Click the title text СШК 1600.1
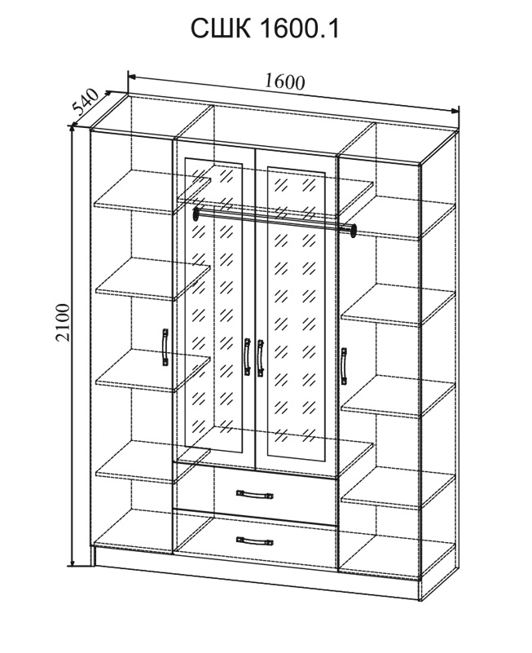265,29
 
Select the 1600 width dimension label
284,82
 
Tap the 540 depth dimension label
86,102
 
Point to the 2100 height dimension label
63,323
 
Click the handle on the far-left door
165,347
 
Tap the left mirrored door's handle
247,356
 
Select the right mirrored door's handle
261,359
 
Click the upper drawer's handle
255,494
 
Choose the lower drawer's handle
255,541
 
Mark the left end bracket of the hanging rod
195,214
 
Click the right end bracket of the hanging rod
354,232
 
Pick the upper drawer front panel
255,494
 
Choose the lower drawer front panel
255,540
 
